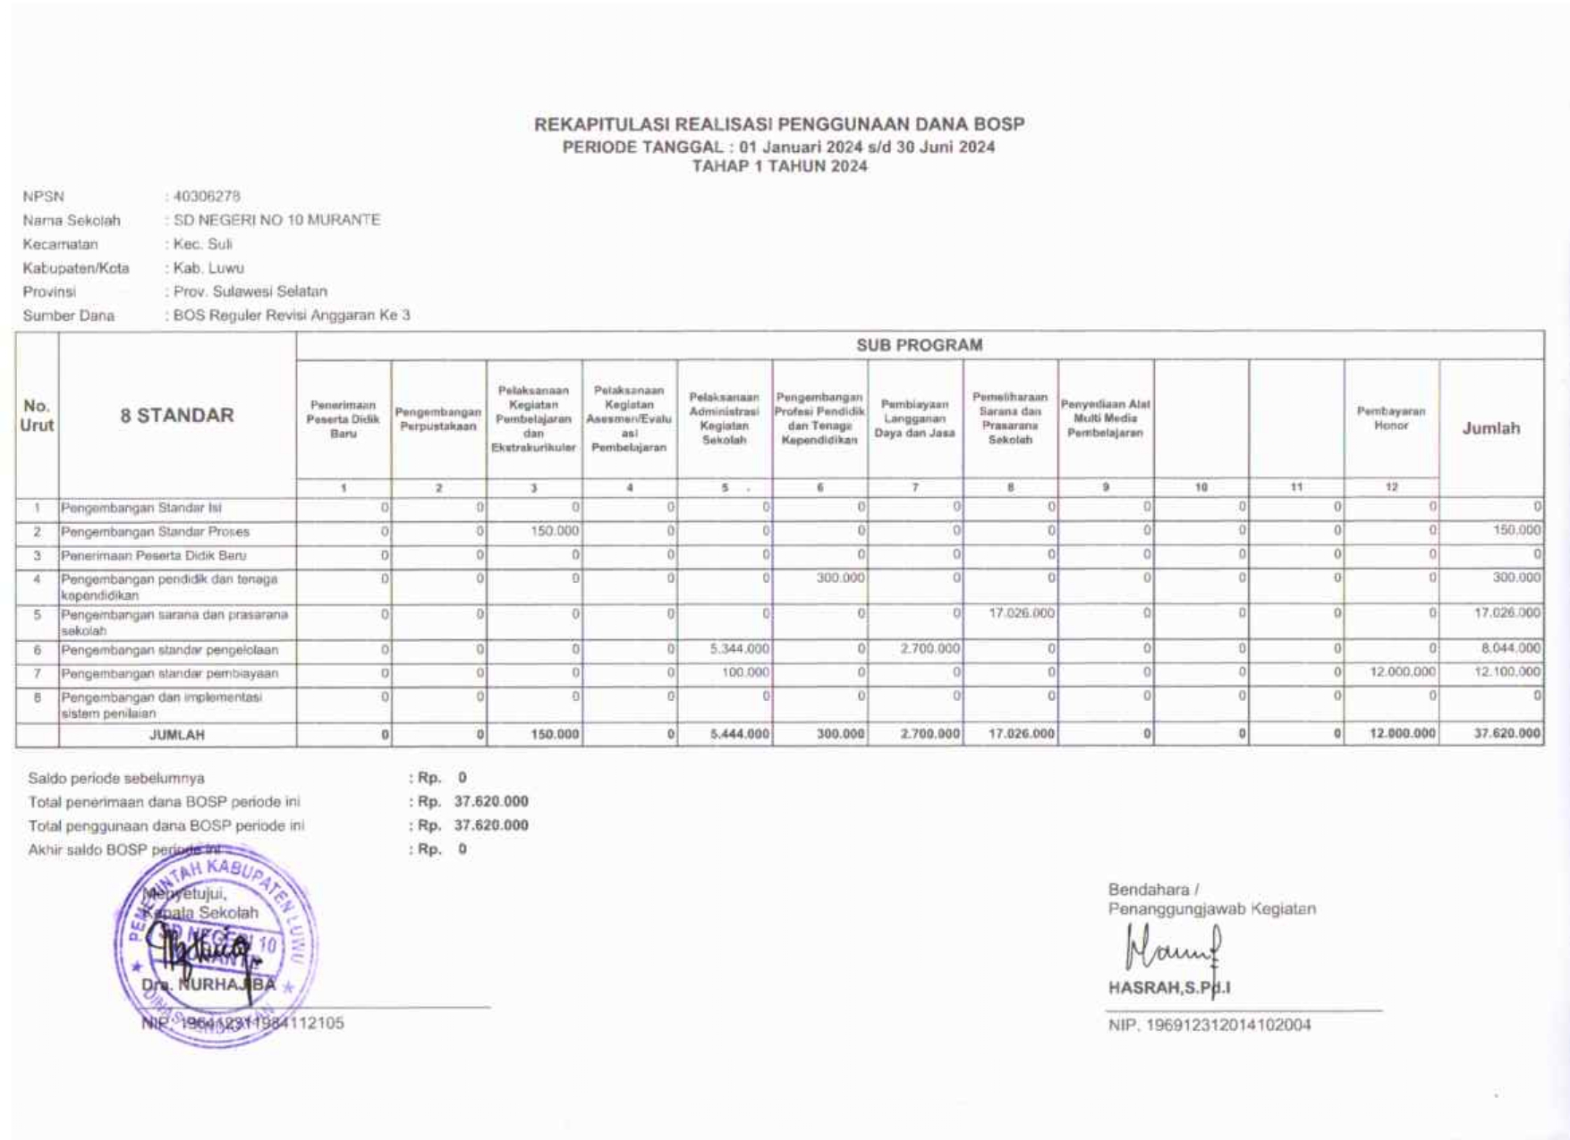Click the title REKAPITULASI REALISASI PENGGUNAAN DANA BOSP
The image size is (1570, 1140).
coord(779,124)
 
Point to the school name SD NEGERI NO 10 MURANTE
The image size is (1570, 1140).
coord(276,220)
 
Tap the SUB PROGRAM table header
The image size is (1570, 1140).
coord(919,345)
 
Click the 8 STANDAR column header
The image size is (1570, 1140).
coord(177,416)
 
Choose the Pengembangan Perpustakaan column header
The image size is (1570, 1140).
coord(438,419)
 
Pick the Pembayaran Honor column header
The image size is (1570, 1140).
coord(1391,418)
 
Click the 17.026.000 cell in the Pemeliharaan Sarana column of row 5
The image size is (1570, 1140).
coord(1022,614)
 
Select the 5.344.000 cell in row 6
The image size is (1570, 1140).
coord(740,649)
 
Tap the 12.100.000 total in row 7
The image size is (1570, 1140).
coord(1507,672)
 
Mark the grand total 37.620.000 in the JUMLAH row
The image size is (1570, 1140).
coord(1507,734)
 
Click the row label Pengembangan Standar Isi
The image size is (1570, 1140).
coord(140,508)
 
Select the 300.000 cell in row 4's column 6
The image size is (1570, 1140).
coord(840,578)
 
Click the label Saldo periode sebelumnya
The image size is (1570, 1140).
coord(116,779)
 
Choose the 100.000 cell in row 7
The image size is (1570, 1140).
coord(745,672)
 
